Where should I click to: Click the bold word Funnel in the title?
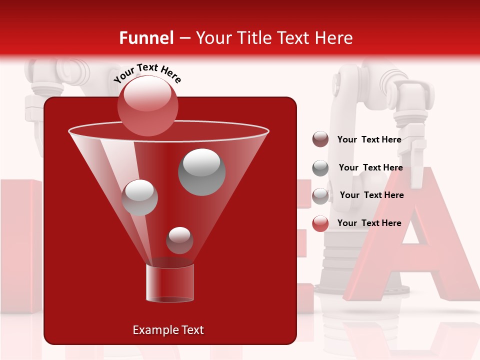click(146, 38)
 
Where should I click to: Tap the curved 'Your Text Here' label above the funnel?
click(147, 72)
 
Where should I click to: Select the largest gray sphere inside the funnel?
click(201, 172)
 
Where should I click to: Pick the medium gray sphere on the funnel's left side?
click(140, 197)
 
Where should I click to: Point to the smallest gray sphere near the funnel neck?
click(179, 240)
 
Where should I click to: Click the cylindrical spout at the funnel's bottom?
click(169, 283)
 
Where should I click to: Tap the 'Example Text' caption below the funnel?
click(168, 330)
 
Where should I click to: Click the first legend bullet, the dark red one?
click(320, 139)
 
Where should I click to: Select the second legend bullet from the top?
click(320, 168)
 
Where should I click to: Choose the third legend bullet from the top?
click(320, 196)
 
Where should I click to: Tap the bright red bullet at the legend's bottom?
click(320, 223)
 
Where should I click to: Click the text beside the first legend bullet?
click(369, 140)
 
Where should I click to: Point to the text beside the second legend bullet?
click(370, 168)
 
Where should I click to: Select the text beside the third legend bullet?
click(371, 195)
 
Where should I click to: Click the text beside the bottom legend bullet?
click(369, 223)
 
